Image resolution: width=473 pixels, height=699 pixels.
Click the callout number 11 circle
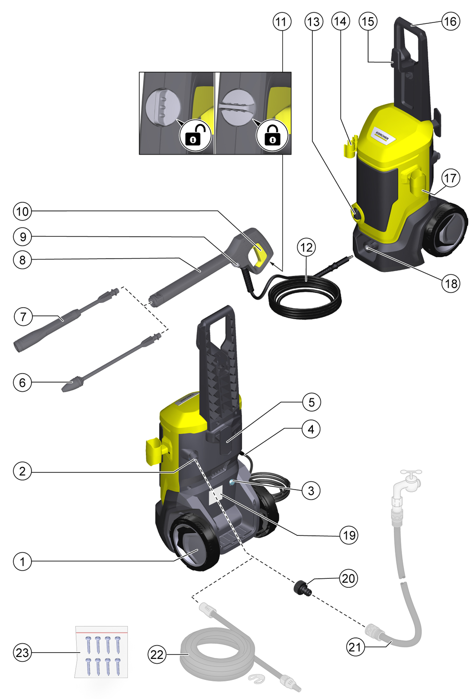pyautogui.click(x=281, y=21)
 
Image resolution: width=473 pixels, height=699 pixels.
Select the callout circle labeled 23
pyautogui.click(x=22, y=653)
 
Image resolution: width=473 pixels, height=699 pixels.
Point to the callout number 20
pyautogui.click(x=348, y=578)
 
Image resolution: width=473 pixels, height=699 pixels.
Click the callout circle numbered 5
pyautogui.click(x=311, y=402)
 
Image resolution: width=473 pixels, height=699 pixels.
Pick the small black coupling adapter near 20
pyautogui.click(x=302, y=588)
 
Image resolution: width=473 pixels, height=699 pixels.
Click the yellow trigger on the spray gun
pyautogui.click(x=261, y=253)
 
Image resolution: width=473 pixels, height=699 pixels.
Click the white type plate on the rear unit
pyautogui.click(x=216, y=494)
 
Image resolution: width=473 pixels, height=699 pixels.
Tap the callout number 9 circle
pyautogui.click(x=22, y=237)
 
